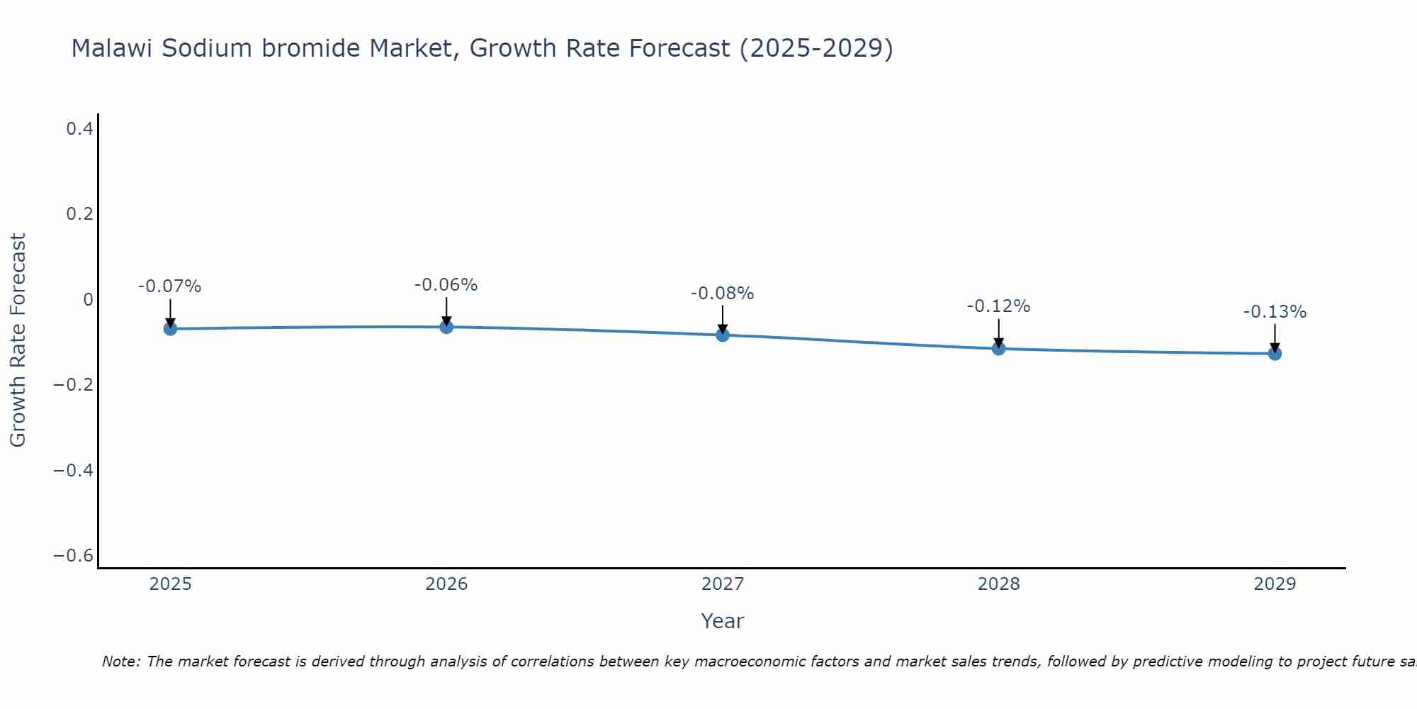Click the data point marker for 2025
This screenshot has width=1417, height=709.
pos(170,328)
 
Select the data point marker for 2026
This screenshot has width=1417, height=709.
pos(446,327)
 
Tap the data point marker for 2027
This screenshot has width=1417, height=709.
pos(723,335)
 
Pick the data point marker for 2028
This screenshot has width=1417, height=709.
pos(998,348)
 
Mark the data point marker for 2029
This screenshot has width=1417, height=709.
pos(1275,353)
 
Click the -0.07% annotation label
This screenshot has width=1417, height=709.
pos(169,286)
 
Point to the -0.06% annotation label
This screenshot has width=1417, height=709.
pos(446,285)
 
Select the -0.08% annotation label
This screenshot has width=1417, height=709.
pos(722,294)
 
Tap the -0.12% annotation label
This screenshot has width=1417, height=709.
pos(998,306)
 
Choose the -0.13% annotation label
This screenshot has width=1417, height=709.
pos(1275,312)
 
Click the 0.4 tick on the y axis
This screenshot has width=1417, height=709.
pos(79,128)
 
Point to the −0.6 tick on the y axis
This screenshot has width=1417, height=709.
pos(73,555)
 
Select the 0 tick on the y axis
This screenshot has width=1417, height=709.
pos(88,299)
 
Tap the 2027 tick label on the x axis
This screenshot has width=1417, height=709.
pos(722,584)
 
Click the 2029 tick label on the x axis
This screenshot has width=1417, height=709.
pos(1275,584)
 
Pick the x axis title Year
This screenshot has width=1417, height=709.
pos(722,621)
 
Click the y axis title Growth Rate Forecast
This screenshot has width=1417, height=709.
pos(18,340)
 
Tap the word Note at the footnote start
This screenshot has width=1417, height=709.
pos(120,661)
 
